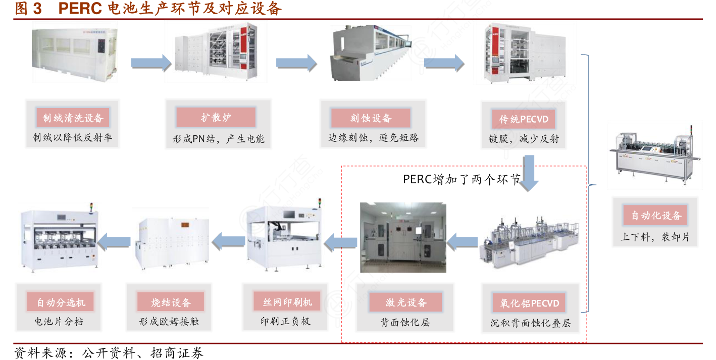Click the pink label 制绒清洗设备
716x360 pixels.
click(73, 118)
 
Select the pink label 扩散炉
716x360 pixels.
click(216, 118)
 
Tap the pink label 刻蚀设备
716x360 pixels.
click(371, 118)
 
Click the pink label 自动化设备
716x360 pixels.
click(656, 216)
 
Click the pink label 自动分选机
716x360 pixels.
click(61, 302)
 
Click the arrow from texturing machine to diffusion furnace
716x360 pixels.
click(151, 63)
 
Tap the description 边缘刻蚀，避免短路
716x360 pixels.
click(374, 137)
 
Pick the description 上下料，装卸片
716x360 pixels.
click(655, 236)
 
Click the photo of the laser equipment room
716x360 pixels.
click(402, 237)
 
